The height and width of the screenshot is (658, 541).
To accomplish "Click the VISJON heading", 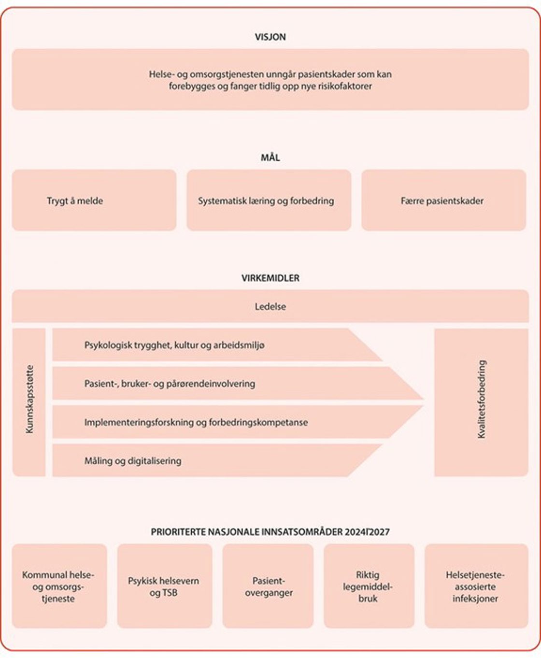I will click(x=270, y=37).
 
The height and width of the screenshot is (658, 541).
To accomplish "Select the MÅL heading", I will click(x=270, y=157).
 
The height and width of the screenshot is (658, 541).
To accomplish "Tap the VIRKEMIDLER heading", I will click(x=270, y=278).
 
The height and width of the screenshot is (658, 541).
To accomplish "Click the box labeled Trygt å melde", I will click(x=94, y=200).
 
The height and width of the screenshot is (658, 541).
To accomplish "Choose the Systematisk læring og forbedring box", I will click(x=269, y=200).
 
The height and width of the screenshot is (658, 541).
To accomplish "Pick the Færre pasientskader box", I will click(x=443, y=200).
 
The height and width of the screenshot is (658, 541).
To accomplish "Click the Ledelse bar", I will click(x=270, y=306).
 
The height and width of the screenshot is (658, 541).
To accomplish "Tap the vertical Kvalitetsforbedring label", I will click(x=481, y=400).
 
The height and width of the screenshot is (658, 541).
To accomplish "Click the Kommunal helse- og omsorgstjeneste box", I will click(x=59, y=586).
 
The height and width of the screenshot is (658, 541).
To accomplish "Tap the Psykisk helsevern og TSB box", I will click(x=164, y=586).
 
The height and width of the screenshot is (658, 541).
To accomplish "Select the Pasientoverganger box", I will click(x=268, y=586).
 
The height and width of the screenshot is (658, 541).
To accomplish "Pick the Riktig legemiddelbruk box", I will click(x=369, y=586).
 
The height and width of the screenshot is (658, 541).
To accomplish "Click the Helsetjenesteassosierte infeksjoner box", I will click(x=476, y=586).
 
